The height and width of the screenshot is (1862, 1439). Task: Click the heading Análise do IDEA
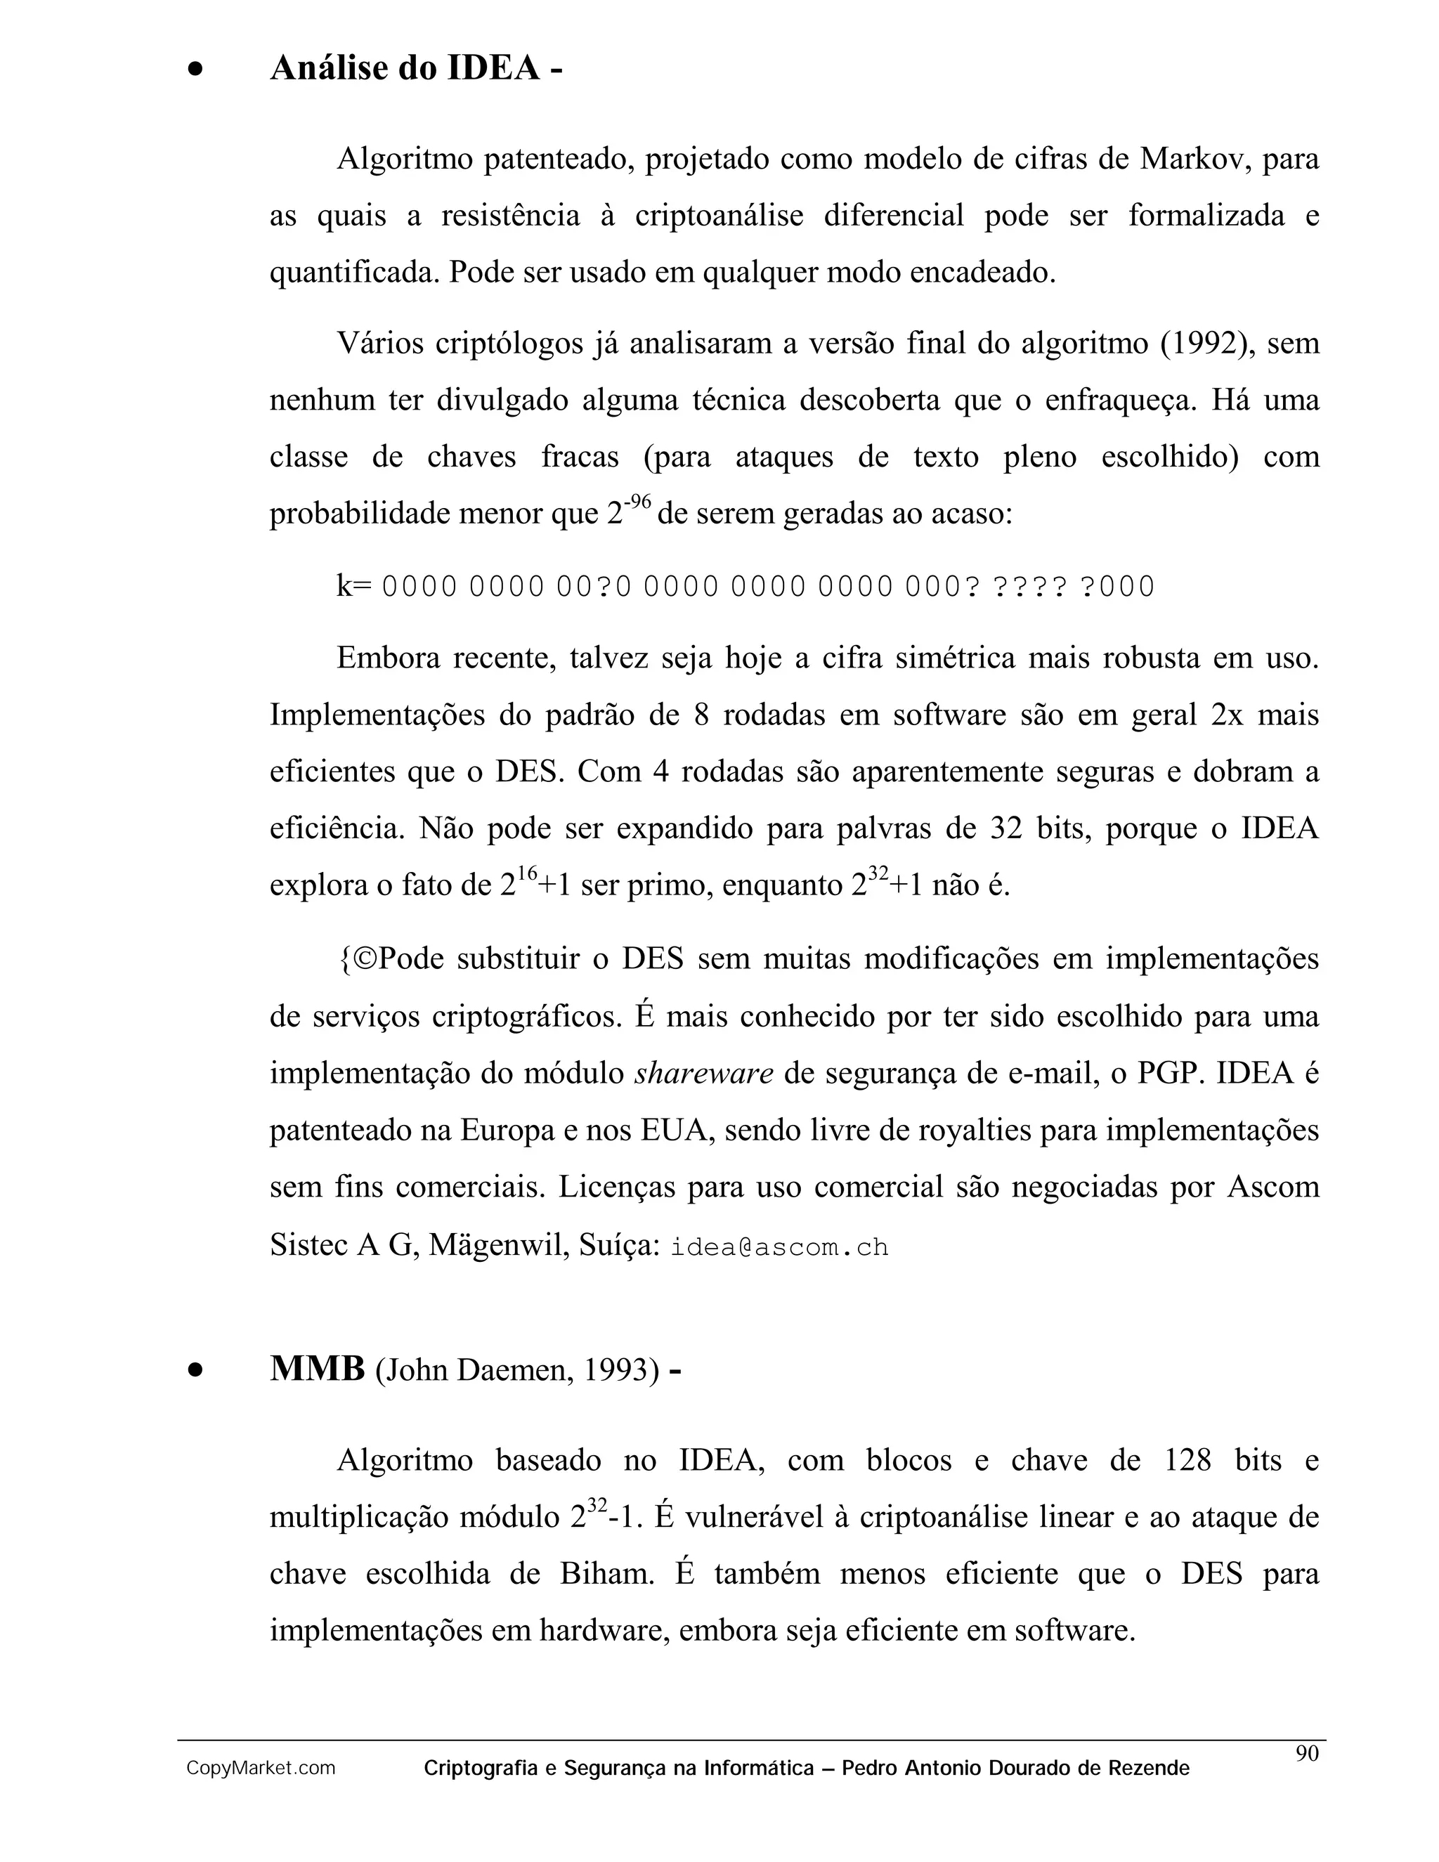pos(415,68)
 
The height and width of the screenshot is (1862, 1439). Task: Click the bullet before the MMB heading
pos(196,1370)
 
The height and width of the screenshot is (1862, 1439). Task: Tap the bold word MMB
pos(317,1369)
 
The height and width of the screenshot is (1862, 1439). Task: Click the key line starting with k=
pos(745,587)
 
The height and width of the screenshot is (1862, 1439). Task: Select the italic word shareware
pos(703,1074)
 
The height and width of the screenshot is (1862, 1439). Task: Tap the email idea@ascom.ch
pos(779,1247)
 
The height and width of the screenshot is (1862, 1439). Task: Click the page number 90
pos(1307,1753)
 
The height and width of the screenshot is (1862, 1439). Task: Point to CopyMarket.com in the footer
pos(261,1769)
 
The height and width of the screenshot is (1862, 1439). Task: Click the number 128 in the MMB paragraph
pos(1187,1461)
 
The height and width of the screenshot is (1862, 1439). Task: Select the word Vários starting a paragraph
pos(379,344)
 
